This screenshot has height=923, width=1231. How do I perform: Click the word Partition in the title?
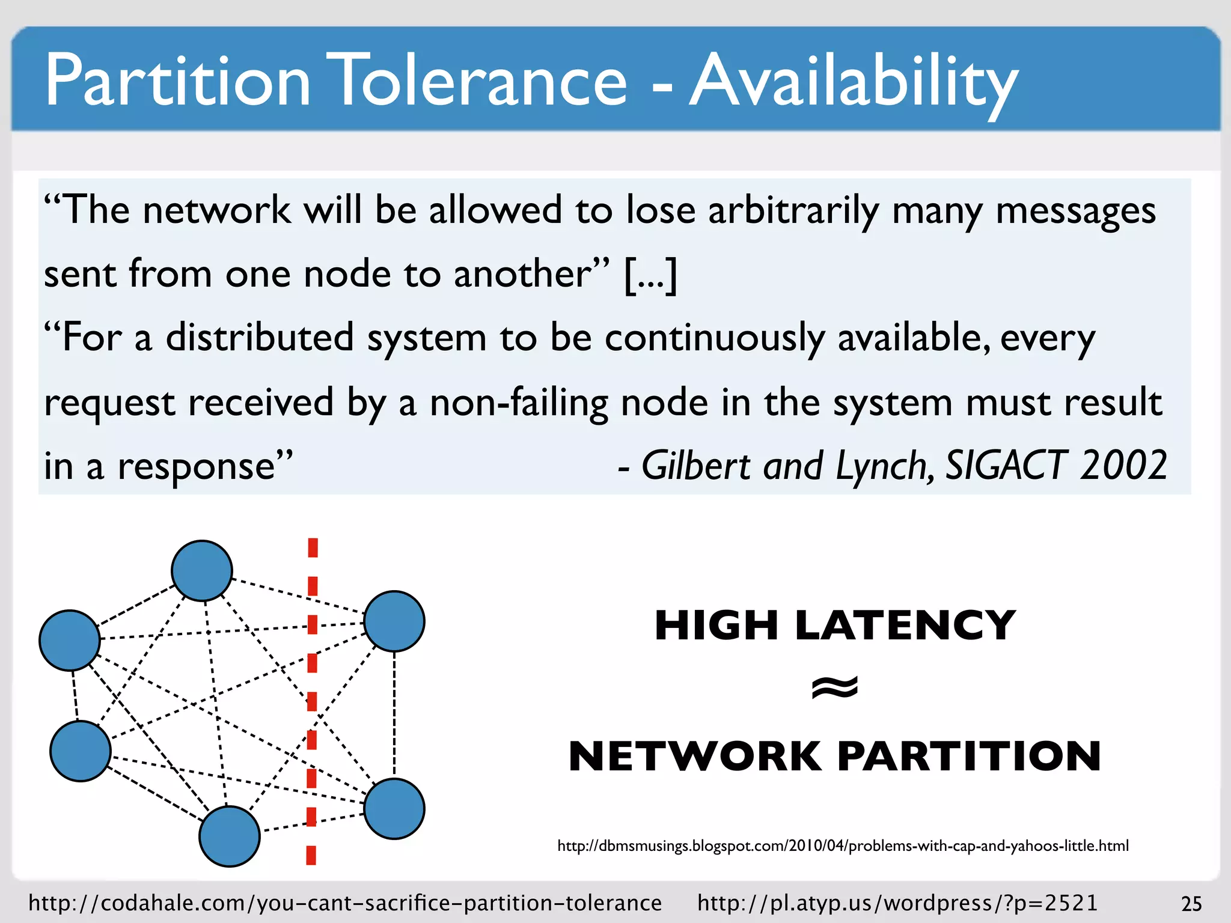pos(178,81)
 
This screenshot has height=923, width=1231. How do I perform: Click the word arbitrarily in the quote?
pos(793,212)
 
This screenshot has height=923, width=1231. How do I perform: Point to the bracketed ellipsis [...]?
pos(651,275)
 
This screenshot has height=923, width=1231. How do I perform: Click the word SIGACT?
pos(1007,466)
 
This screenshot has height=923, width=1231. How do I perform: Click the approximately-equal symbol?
pos(835,688)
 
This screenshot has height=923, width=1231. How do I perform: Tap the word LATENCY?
pos(905,626)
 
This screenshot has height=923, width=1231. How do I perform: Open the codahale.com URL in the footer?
pos(345,903)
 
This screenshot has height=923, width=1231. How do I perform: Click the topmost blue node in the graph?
pos(202,570)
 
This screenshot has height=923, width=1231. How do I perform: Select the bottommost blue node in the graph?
pos(230,836)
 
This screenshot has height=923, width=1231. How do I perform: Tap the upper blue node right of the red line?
pos(394,621)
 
